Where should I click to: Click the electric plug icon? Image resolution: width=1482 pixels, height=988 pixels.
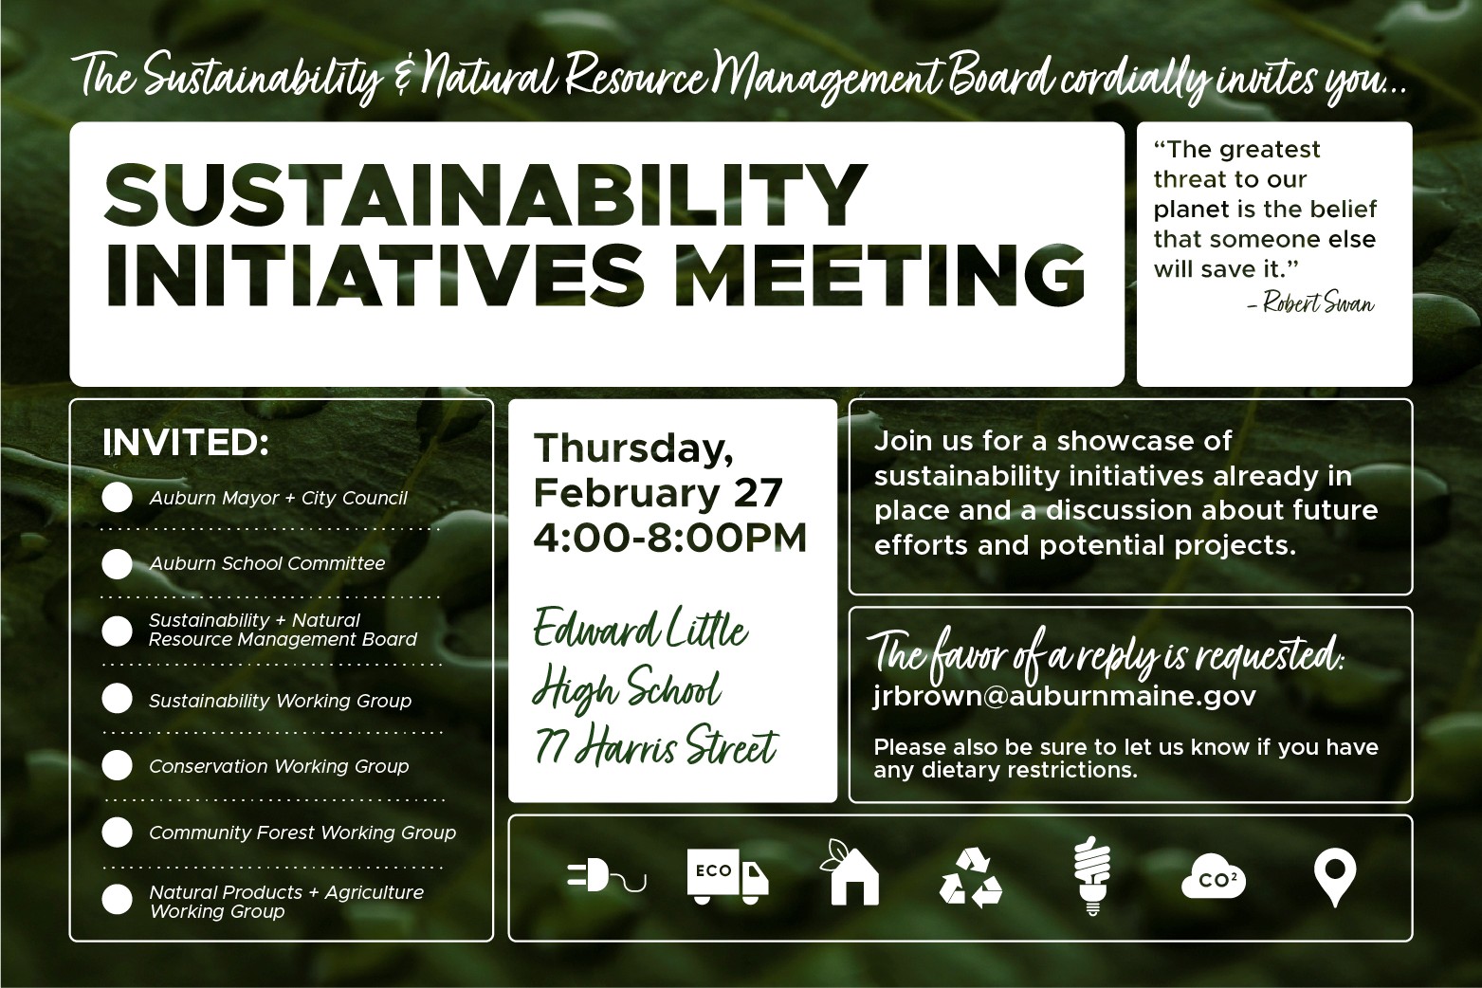pyautogui.click(x=605, y=878)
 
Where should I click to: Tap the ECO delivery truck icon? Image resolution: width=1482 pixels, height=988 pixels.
pyautogui.click(x=727, y=877)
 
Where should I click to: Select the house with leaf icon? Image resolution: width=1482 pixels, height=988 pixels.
pyautogui.click(x=851, y=872)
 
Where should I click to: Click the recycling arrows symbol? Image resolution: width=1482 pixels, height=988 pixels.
pyautogui.click(x=971, y=877)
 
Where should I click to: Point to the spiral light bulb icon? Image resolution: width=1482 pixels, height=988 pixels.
pyautogui.click(x=1092, y=876)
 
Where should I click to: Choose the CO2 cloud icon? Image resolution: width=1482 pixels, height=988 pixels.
pyautogui.click(x=1214, y=877)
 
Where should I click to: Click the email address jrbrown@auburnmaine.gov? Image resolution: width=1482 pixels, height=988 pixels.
pyautogui.click(x=1065, y=696)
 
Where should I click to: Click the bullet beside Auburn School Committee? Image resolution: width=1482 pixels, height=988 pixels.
pyautogui.click(x=118, y=564)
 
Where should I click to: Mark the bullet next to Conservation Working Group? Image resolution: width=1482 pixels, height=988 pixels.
pyautogui.click(x=118, y=765)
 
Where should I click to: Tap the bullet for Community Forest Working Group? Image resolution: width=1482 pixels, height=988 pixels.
pyautogui.click(x=118, y=832)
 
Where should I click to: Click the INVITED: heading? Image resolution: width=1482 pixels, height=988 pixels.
pyautogui.click(x=186, y=443)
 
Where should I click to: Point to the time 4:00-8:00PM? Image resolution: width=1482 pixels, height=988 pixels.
pyautogui.click(x=670, y=538)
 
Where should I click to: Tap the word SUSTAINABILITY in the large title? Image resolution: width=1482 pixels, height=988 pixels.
pyautogui.click(x=485, y=193)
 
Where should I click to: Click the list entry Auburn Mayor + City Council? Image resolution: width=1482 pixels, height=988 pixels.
pyautogui.click(x=278, y=499)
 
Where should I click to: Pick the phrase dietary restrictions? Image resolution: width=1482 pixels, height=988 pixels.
pyautogui.click(x=1030, y=770)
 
